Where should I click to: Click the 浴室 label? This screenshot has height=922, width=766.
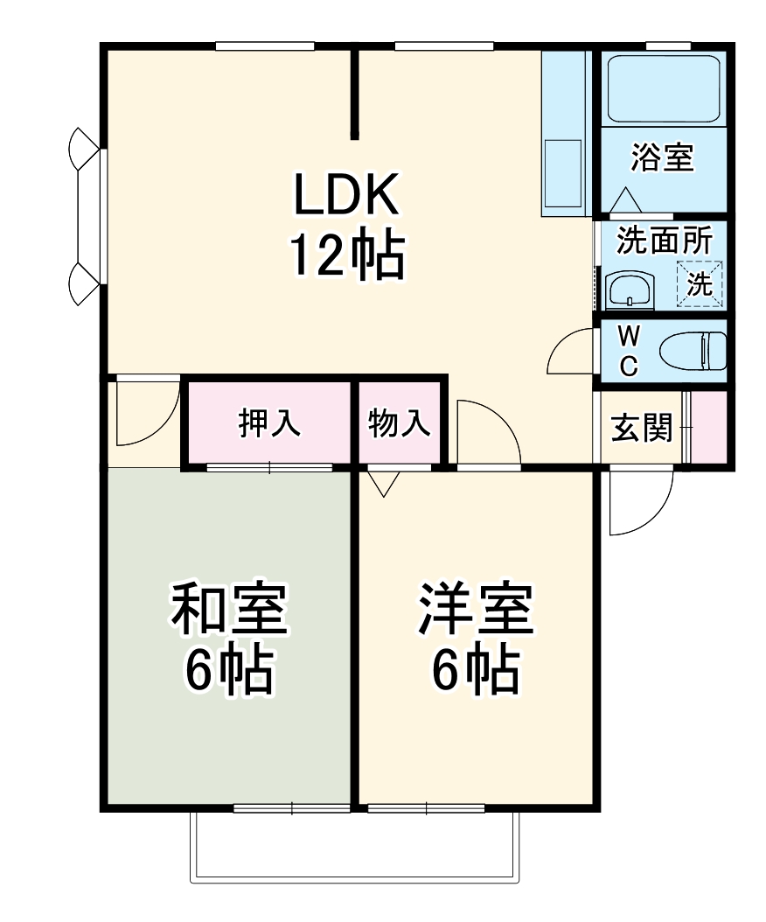tap(662, 157)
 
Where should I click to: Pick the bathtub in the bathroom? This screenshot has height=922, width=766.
tap(664, 88)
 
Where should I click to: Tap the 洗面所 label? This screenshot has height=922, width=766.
tap(664, 240)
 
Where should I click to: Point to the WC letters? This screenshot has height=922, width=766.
tap(628, 351)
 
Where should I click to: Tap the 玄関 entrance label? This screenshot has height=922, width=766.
tap(641, 428)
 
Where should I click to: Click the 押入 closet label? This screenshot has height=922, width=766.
tap(269, 423)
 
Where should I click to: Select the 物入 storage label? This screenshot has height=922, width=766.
tap(399, 423)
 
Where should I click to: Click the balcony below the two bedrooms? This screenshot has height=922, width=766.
tap(354, 846)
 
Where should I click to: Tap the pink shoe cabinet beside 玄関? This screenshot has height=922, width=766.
tap(710, 427)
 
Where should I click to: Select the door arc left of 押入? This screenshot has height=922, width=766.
tap(145, 411)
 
